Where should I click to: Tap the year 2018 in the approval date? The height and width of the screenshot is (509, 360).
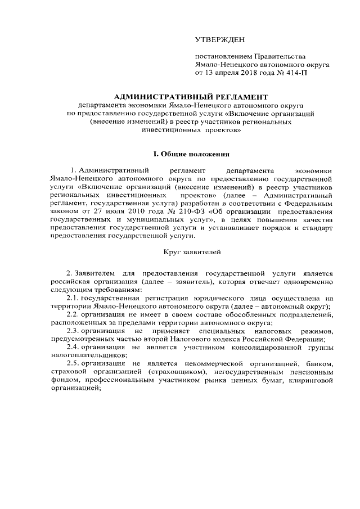click(x=245, y=73)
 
